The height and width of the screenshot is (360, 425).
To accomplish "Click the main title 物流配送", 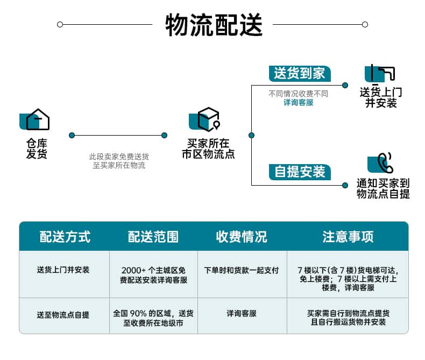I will (213, 25).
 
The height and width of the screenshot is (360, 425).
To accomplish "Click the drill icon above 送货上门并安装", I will (381, 73).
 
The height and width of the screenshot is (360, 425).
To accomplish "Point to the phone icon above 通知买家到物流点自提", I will (382, 163).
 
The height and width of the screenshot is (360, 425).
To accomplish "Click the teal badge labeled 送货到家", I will (300, 74).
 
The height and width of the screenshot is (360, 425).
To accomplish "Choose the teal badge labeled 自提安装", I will (300, 172).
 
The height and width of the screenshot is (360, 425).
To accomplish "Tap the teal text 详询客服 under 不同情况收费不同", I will (298, 102).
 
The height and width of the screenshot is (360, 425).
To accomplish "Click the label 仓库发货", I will (37, 149).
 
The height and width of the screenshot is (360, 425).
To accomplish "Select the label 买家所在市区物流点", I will (208, 149).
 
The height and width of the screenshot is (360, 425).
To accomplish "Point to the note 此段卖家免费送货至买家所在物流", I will (119, 161).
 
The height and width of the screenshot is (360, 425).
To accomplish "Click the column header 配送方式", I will (65, 237).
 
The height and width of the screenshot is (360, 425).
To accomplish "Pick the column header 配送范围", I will (153, 237).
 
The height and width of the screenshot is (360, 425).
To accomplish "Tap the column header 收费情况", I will (242, 237).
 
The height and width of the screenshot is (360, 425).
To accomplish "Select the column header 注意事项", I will (348, 237).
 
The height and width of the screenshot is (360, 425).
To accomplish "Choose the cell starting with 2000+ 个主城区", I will (153, 275).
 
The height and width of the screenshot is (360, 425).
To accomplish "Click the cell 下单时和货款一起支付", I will (242, 270).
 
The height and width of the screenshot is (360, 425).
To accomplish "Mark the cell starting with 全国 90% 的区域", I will (153, 317).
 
